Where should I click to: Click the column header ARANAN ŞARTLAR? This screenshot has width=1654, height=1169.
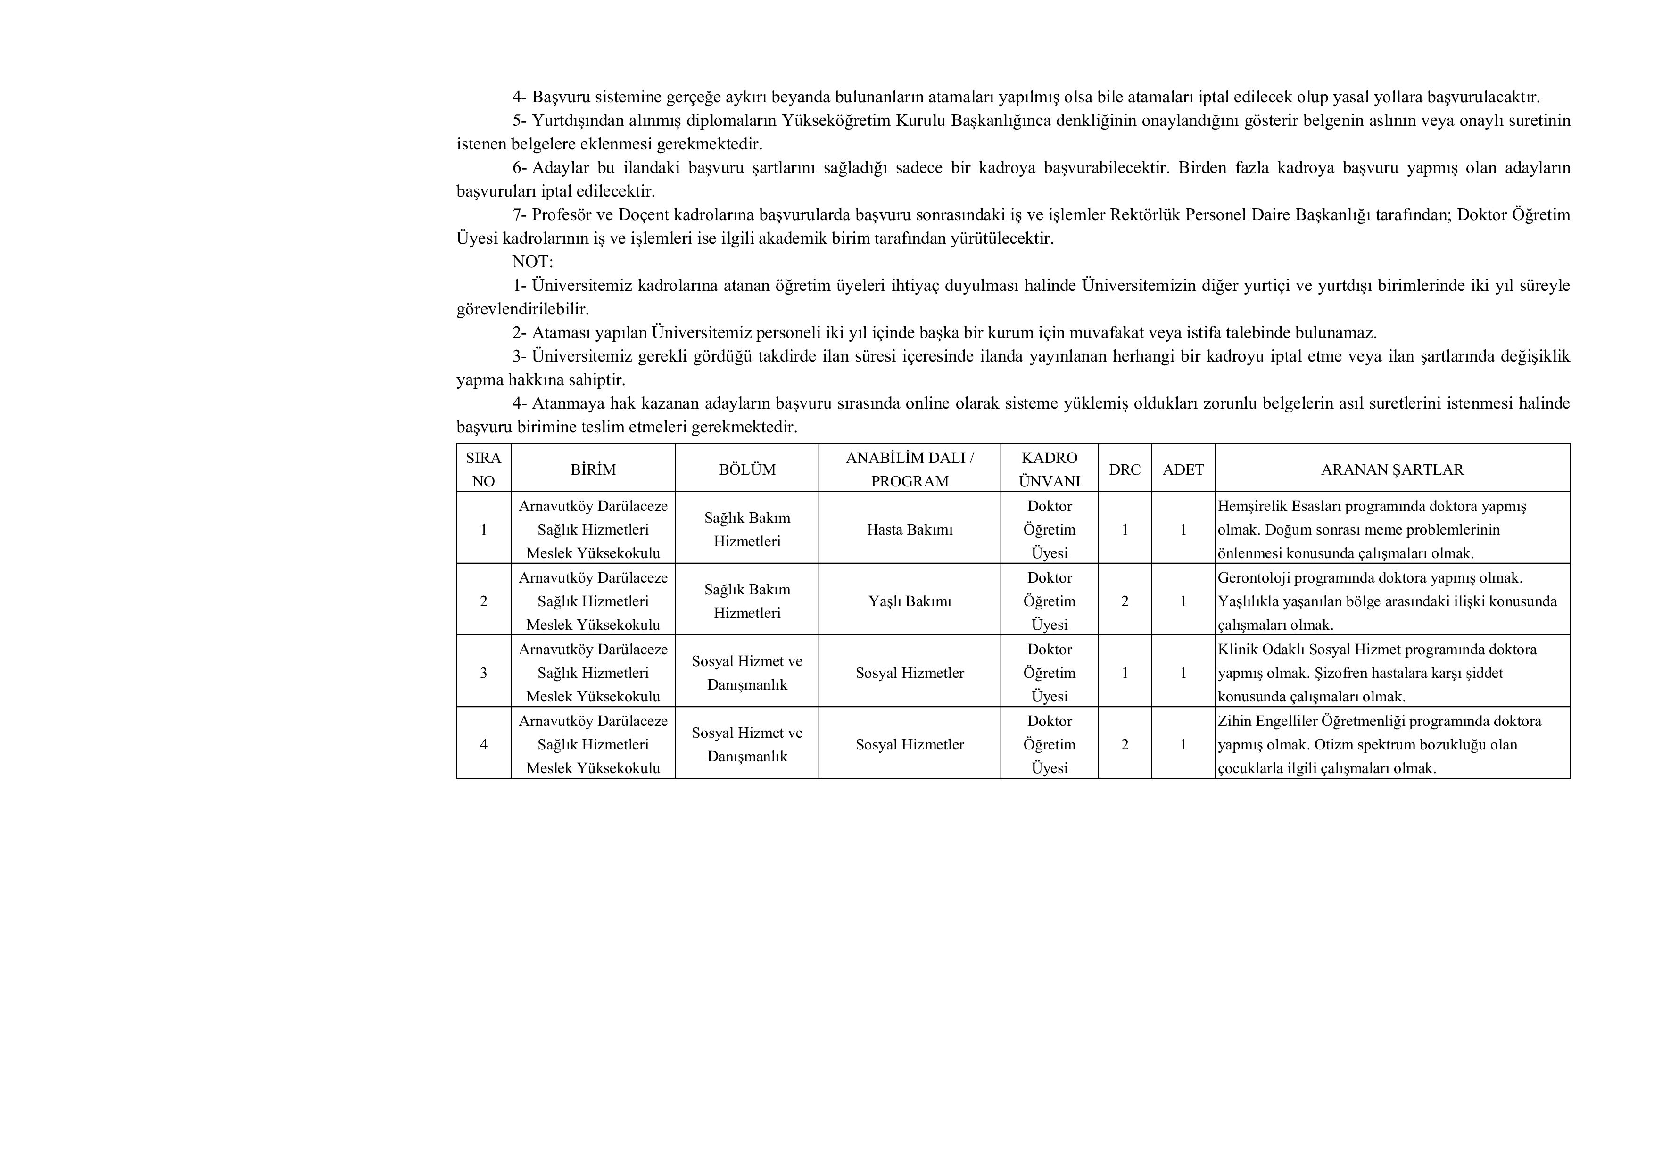[1392, 469]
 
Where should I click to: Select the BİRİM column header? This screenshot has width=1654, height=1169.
[593, 469]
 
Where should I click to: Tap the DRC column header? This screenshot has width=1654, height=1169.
[1125, 469]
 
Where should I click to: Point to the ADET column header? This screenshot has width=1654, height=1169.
[1183, 469]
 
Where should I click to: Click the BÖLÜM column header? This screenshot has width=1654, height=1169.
[747, 469]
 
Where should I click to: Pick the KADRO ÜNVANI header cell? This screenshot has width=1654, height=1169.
[1050, 469]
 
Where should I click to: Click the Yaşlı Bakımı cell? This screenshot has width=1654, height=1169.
[910, 601]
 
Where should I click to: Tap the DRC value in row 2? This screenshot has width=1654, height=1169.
[1125, 601]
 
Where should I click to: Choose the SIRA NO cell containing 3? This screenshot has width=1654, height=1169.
[483, 673]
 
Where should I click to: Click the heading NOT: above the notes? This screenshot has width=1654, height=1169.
[532, 262]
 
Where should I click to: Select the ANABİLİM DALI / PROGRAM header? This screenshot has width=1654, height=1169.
[910, 469]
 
